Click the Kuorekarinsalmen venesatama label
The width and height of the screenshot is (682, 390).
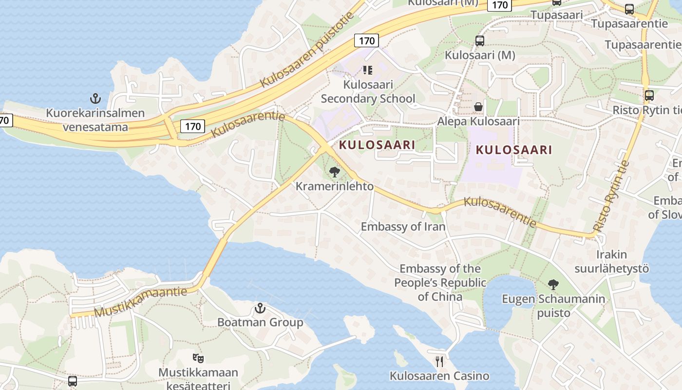click(x=95, y=120)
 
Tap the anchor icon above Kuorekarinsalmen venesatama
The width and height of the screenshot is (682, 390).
click(x=95, y=99)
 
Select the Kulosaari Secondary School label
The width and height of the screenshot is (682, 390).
click(x=368, y=92)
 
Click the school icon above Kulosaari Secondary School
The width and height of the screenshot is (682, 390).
click(x=368, y=71)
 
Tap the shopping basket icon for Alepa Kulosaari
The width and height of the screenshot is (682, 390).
click(x=478, y=106)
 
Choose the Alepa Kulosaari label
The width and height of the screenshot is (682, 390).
click(x=478, y=121)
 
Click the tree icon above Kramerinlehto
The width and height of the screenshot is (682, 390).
click(x=334, y=172)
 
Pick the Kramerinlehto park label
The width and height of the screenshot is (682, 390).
click(x=335, y=186)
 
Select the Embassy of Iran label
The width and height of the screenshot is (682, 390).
click(x=403, y=227)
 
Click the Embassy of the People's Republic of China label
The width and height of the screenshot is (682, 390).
click(x=440, y=282)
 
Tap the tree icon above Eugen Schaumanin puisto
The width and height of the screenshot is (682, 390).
click(x=553, y=284)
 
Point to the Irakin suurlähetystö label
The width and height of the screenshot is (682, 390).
click(x=611, y=261)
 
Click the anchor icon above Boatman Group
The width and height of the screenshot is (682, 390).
click(x=260, y=308)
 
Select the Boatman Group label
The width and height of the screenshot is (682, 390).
click(x=260, y=322)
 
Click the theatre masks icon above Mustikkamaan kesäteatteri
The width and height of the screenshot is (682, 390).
click(x=198, y=358)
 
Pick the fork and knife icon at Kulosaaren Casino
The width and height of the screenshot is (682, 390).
click(x=439, y=361)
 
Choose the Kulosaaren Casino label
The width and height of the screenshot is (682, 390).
click(x=439, y=376)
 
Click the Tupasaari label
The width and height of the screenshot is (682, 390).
click(x=556, y=15)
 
